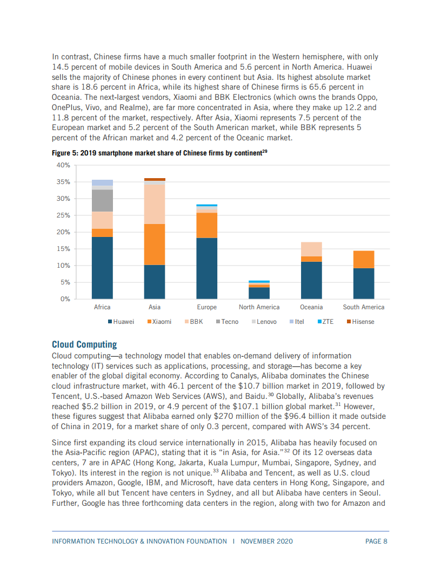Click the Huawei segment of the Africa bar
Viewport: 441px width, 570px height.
(102, 268)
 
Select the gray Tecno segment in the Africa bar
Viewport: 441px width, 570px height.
(102, 200)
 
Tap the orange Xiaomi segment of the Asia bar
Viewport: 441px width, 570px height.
(154, 245)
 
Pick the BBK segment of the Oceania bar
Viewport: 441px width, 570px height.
(311, 249)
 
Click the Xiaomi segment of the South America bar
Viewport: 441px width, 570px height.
(364, 260)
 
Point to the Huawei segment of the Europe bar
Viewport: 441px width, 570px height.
(206, 268)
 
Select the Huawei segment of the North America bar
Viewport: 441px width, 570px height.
(259, 293)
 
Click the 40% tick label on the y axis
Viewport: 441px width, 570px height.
(63, 165)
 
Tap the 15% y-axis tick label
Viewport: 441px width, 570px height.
(63, 249)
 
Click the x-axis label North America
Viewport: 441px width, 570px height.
(259, 307)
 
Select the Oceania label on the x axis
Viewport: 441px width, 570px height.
(311, 307)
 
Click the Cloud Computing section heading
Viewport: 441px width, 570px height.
(84, 344)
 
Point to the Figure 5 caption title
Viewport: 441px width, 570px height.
(157, 153)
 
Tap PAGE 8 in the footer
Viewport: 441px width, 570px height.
(376, 541)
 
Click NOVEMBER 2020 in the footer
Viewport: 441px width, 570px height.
(266, 541)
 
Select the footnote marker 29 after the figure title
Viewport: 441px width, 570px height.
(265, 152)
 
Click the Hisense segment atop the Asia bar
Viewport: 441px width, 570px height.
(154, 179)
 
